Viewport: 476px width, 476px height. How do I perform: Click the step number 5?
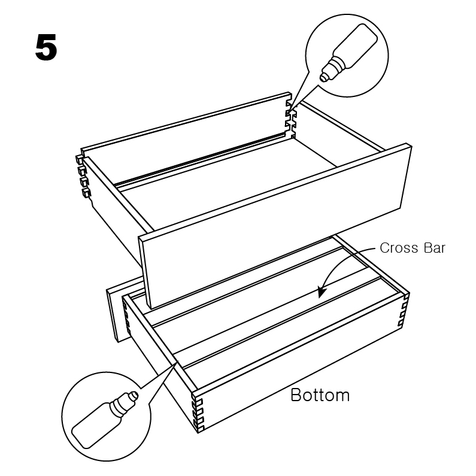click(46, 47)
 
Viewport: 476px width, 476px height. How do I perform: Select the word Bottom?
click(320, 395)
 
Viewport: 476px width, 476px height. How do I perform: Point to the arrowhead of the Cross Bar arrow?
click(321, 292)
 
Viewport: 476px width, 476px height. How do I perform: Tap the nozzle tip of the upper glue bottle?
click(323, 78)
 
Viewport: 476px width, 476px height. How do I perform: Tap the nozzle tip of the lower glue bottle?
click(135, 395)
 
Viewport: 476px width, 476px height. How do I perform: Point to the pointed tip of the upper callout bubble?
click(289, 110)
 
